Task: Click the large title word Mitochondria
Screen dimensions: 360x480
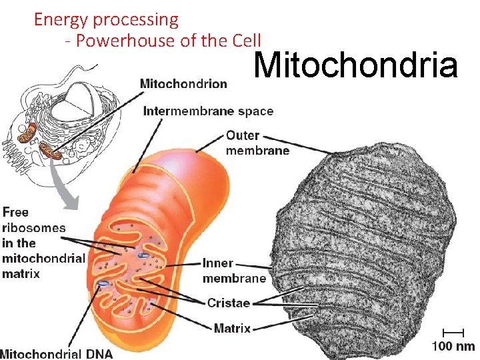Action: coord(356,65)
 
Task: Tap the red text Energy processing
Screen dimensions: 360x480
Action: coord(106,19)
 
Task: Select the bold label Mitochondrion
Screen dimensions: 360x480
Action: coord(183,84)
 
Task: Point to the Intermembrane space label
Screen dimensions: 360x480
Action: coord(208,111)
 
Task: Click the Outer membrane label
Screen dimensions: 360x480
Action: coord(257,143)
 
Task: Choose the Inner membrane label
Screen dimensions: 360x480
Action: coord(234,271)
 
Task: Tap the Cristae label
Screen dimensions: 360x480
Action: coord(228,303)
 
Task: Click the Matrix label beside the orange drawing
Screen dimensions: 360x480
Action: coord(232,327)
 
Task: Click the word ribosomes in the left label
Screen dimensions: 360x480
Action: coord(34,227)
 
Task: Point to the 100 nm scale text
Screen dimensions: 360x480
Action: coord(453,346)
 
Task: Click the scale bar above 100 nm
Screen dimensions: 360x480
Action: coord(453,331)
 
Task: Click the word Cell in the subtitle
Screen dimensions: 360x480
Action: coord(245,41)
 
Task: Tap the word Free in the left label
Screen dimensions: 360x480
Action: coord(15,212)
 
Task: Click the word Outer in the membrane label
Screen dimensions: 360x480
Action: coord(243,135)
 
